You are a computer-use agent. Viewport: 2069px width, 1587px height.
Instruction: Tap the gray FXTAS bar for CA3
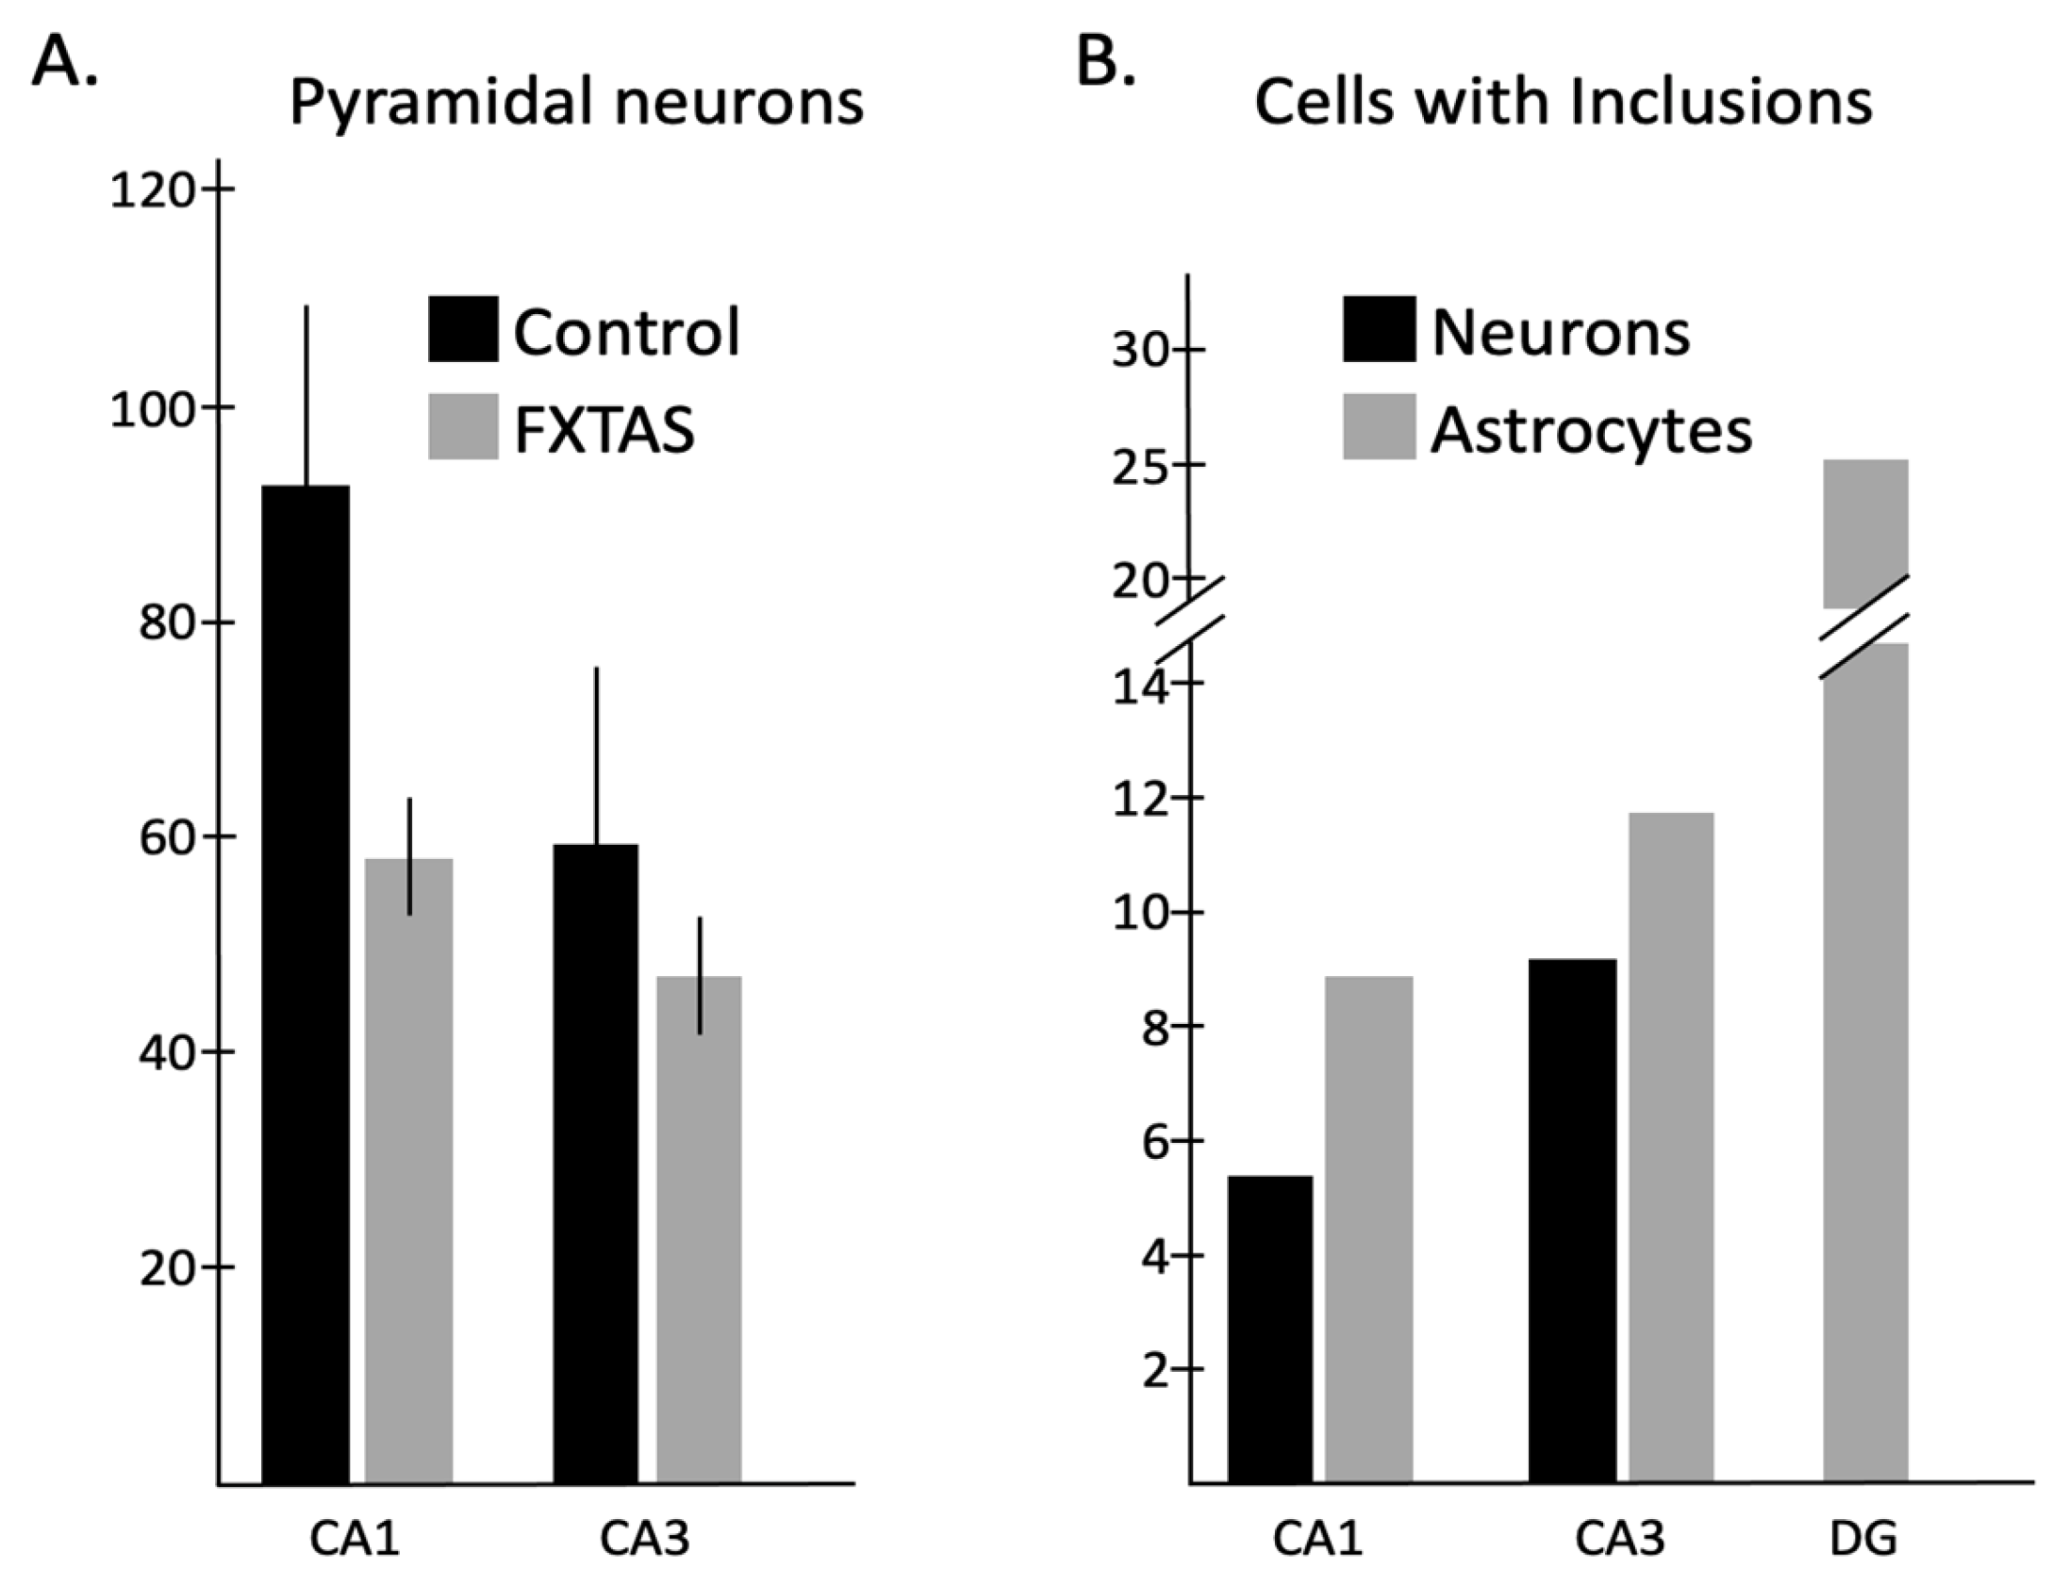pos(699,1228)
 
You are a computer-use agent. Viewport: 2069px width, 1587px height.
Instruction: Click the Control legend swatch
pos(462,330)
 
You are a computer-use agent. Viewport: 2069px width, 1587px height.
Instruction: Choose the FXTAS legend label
pos(604,430)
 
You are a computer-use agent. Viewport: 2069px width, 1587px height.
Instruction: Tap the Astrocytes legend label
pos(1591,430)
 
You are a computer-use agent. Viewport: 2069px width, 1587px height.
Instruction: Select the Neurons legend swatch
pos(1379,330)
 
